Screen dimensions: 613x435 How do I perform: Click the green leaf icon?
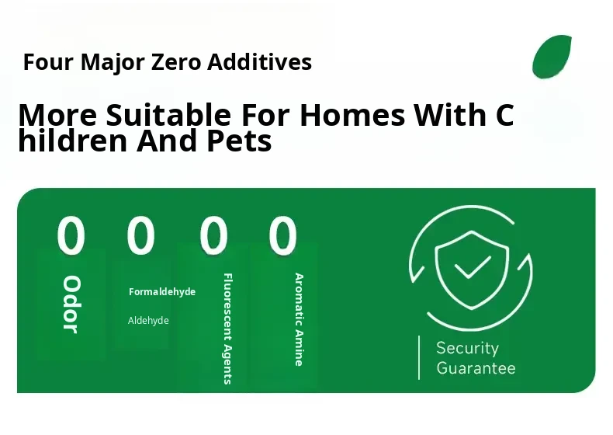(552, 57)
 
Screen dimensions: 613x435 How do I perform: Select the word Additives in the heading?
(260, 61)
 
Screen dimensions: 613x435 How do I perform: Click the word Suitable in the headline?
(168, 115)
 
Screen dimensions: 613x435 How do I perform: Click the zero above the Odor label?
(71, 235)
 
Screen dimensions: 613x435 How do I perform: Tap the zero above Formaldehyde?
(140, 235)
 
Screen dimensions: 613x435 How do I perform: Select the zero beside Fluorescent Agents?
(213, 235)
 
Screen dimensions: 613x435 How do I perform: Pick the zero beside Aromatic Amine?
(282, 235)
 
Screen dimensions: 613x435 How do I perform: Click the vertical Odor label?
(71, 304)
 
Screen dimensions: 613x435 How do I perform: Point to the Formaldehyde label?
(162, 292)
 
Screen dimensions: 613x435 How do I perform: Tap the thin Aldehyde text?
(148, 321)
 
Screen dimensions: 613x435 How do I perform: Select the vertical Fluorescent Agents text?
(227, 329)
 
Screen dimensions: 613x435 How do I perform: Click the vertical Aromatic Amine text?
(299, 319)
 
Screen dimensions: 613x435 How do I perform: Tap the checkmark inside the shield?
(473, 268)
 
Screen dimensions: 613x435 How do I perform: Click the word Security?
(468, 348)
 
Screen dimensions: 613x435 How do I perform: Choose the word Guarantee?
(476, 368)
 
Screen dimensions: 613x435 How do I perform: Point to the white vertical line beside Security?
(419, 357)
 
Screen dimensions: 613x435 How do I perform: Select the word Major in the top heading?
(113, 61)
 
